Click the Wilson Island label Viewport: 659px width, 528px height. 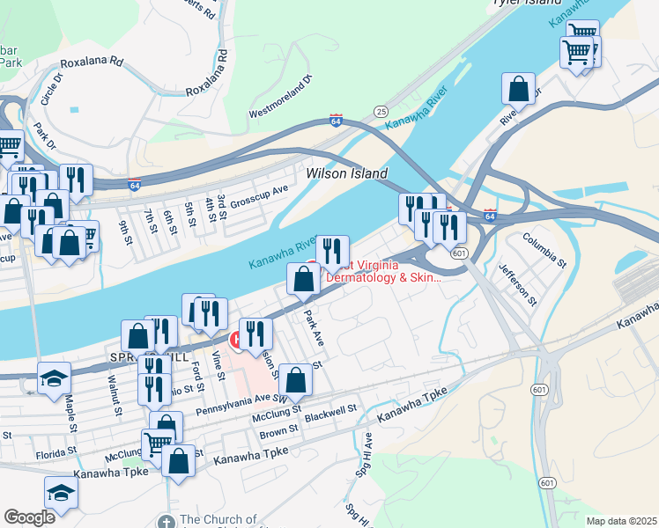[x=346, y=174]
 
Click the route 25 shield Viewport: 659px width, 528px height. [x=381, y=112]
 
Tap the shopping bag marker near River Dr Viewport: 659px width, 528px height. [x=519, y=89]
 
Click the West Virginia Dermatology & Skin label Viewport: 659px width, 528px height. [x=382, y=271]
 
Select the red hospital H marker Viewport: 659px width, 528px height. [x=236, y=339]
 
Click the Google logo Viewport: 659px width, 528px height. [x=29, y=517]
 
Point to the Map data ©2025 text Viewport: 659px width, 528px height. [x=620, y=521]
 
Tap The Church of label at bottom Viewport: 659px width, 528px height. [x=218, y=520]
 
